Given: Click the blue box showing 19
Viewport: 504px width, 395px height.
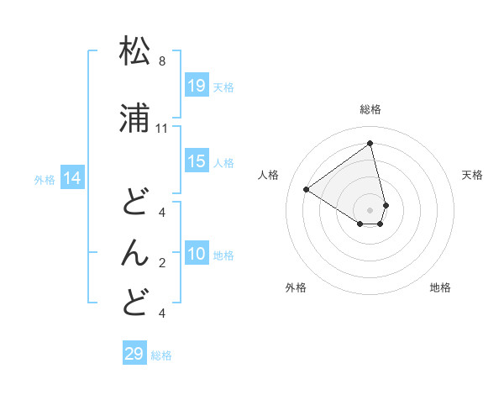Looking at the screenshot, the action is click(x=196, y=86).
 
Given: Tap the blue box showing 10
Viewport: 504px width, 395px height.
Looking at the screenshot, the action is click(x=196, y=255).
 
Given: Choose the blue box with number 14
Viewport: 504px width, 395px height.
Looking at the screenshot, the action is click(x=72, y=178).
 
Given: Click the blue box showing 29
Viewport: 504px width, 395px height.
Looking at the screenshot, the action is click(x=134, y=354).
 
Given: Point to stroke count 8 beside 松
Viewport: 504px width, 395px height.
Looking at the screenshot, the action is click(x=161, y=61).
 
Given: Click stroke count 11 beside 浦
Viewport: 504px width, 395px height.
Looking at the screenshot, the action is click(x=162, y=128).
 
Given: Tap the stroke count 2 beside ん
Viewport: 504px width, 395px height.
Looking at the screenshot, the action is click(x=161, y=262).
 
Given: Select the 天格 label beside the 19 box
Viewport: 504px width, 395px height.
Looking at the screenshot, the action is click(x=223, y=87).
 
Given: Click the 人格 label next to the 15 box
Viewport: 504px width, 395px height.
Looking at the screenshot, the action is click(x=223, y=162).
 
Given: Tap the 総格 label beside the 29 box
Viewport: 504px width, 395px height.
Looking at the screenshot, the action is click(x=161, y=355).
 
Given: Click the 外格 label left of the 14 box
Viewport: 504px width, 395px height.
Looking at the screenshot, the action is click(x=45, y=179).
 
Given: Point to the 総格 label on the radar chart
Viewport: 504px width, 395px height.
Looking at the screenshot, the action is click(x=370, y=109).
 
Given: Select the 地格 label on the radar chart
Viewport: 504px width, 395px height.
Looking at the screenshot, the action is click(x=440, y=287).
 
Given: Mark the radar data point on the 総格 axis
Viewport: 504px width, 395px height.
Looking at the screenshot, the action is click(x=370, y=143).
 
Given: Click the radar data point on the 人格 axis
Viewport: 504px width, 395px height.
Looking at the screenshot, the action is click(x=307, y=189).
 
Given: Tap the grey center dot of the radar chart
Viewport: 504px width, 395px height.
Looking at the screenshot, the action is click(x=370, y=209).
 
